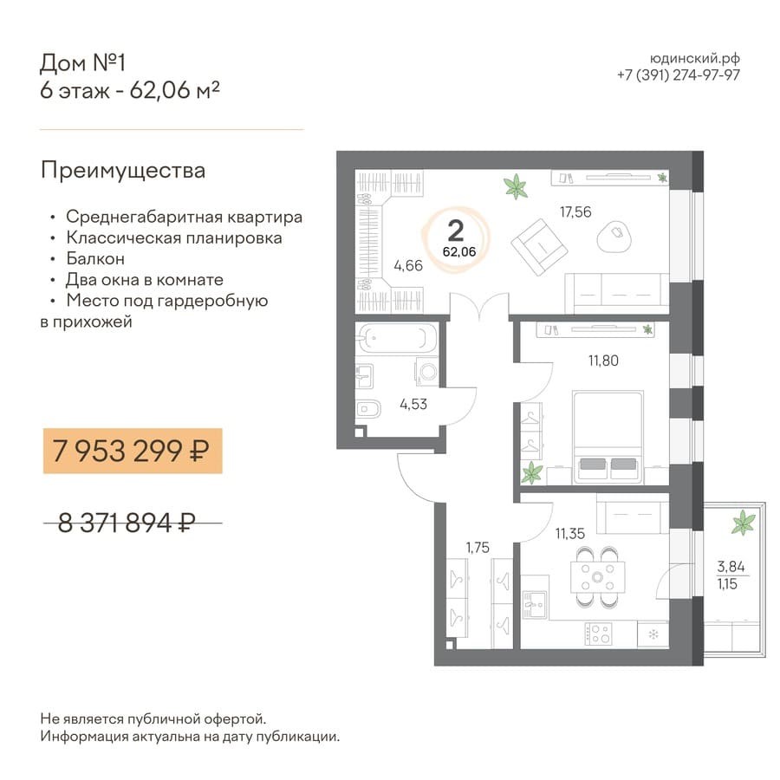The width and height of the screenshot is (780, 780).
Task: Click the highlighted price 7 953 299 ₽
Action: coord(132,452)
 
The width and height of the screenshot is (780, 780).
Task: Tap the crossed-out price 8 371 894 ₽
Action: coord(127,523)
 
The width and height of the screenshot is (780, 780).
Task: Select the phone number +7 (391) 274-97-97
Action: coord(679,75)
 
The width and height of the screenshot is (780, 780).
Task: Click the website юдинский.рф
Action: coord(695,59)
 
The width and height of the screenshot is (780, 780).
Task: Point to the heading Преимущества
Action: coord(123,171)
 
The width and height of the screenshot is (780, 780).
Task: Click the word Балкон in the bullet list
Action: coord(95,258)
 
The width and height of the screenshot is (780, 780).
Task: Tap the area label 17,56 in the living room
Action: coord(575,212)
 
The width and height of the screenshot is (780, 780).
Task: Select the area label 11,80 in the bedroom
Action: coord(603,361)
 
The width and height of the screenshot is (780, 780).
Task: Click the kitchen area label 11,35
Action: coord(570,534)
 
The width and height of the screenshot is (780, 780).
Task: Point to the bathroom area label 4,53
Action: coord(413,404)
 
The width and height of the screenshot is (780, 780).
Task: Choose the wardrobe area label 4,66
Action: coord(408,266)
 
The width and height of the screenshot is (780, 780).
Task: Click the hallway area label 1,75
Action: coord(478,548)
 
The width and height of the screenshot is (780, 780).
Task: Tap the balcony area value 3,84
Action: coord(731,567)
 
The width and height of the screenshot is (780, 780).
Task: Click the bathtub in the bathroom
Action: coord(398,338)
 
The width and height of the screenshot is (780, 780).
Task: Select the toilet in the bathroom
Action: coord(368,409)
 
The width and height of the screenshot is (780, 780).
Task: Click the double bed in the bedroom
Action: coord(608,438)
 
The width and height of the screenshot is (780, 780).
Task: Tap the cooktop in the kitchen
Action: coord(598,634)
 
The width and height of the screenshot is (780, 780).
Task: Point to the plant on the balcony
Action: coord(744,523)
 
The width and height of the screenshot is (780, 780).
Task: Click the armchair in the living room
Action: coord(540,247)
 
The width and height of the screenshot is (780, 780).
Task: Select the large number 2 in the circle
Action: coord(456,231)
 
